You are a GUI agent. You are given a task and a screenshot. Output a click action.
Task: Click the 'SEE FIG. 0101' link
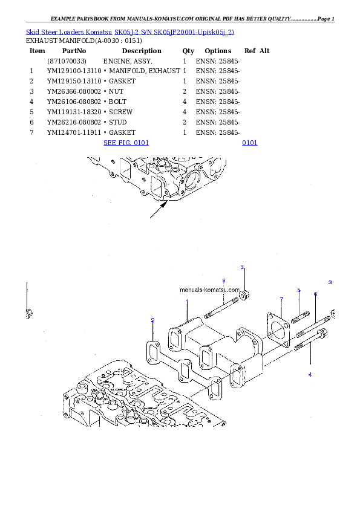[x=126, y=143]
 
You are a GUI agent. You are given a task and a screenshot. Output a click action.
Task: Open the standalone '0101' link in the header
[x=249, y=143]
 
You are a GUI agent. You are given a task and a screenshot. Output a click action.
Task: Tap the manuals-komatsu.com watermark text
[x=209, y=290]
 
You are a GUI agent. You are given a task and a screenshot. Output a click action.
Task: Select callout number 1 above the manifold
[x=188, y=301]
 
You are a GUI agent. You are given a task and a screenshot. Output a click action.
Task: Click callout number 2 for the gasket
[x=152, y=320]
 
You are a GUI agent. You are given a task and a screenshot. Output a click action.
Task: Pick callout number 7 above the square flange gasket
[x=281, y=299]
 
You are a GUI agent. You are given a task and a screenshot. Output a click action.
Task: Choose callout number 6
[x=315, y=294]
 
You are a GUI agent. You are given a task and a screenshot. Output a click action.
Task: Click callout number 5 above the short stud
[x=298, y=291]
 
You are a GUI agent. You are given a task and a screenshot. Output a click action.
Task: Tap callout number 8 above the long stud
[x=223, y=280]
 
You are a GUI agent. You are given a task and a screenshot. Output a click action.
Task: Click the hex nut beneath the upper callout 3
[x=244, y=296]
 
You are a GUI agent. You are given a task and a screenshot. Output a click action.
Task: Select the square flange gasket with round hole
[x=278, y=330]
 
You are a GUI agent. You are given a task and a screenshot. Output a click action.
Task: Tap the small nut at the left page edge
[x=28, y=313]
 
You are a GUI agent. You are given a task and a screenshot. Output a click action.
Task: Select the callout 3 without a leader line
[x=330, y=282]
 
